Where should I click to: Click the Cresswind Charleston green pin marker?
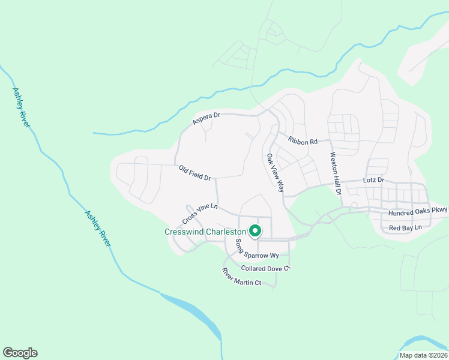[255, 230]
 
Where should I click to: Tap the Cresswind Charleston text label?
[206, 232]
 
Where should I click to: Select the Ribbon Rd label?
[302, 142]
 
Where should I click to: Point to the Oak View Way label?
[275, 173]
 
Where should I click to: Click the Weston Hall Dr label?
[335, 173]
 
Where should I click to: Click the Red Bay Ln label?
[405, 228]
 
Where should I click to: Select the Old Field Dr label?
[196, 173]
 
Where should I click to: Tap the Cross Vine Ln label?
[199, 212]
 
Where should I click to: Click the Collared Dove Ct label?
[265, 268]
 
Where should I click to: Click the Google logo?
[20, 353]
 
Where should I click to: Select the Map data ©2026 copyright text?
[423, 355]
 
